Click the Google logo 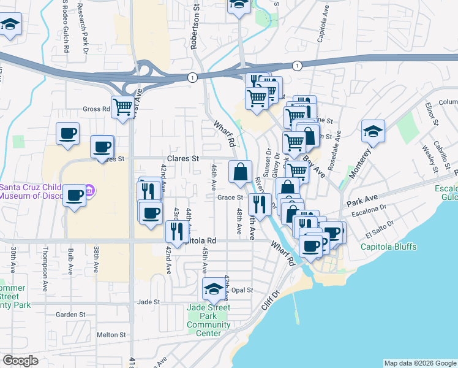pyautogui.click(x=20, y=361)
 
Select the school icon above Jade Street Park pyautogui.click(x=214, y=288)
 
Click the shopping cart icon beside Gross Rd pyautogui.click(x=122, y=107)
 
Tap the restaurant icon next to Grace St pyautogui.click(x=260, y=204)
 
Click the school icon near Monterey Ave pyautogui.click(x=373, y=131)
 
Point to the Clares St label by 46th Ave pyautogui.click(x=188, y=158)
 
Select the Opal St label pyautogui.click(x=242, y=290)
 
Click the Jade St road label pyautogui.click(x=148, y=302)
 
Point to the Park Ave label pyautogui.click(x=361, y=200)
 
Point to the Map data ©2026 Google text pyautogui.click(x=419, y=363)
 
